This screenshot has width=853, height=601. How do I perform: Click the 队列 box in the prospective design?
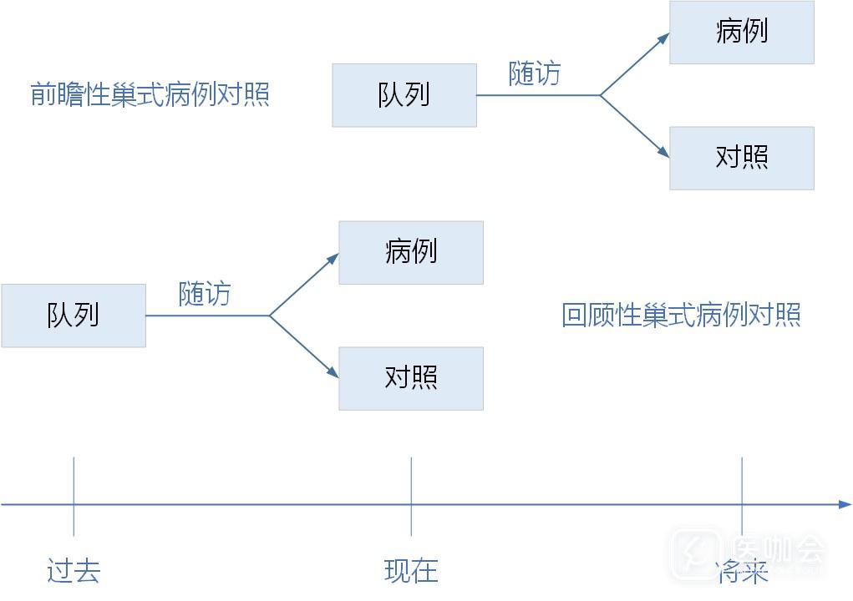coord(404,95)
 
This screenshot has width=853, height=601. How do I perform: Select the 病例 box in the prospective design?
coord(742,33)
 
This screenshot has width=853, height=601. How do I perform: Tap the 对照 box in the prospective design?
coord(742,158)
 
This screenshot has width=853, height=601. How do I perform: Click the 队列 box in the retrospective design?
coord(74,316)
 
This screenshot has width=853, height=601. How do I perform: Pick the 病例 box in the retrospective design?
coord(411,252)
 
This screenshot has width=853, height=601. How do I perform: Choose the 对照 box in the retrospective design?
coord(411,378)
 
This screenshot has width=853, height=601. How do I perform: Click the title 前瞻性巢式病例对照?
coord(150,93)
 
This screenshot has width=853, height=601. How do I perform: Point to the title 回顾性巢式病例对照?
coord(681,316)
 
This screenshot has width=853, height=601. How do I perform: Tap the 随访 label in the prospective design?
coord(535,74)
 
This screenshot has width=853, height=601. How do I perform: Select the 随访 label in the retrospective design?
coord(205,294)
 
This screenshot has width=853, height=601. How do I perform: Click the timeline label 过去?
coord(74,571)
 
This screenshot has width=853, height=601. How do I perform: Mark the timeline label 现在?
coord(411,571)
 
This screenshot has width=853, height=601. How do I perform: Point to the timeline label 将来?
coord(742,573)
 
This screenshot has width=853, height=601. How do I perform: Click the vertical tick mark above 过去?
coord(74,496)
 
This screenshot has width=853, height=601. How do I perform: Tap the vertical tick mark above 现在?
coord(411,496)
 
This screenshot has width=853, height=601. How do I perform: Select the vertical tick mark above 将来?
coord(742,496)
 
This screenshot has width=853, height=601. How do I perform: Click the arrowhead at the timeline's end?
coord(845,504)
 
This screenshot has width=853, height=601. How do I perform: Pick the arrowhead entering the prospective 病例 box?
coord(664,38)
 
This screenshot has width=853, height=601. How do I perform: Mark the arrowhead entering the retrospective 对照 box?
coord(333,373)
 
